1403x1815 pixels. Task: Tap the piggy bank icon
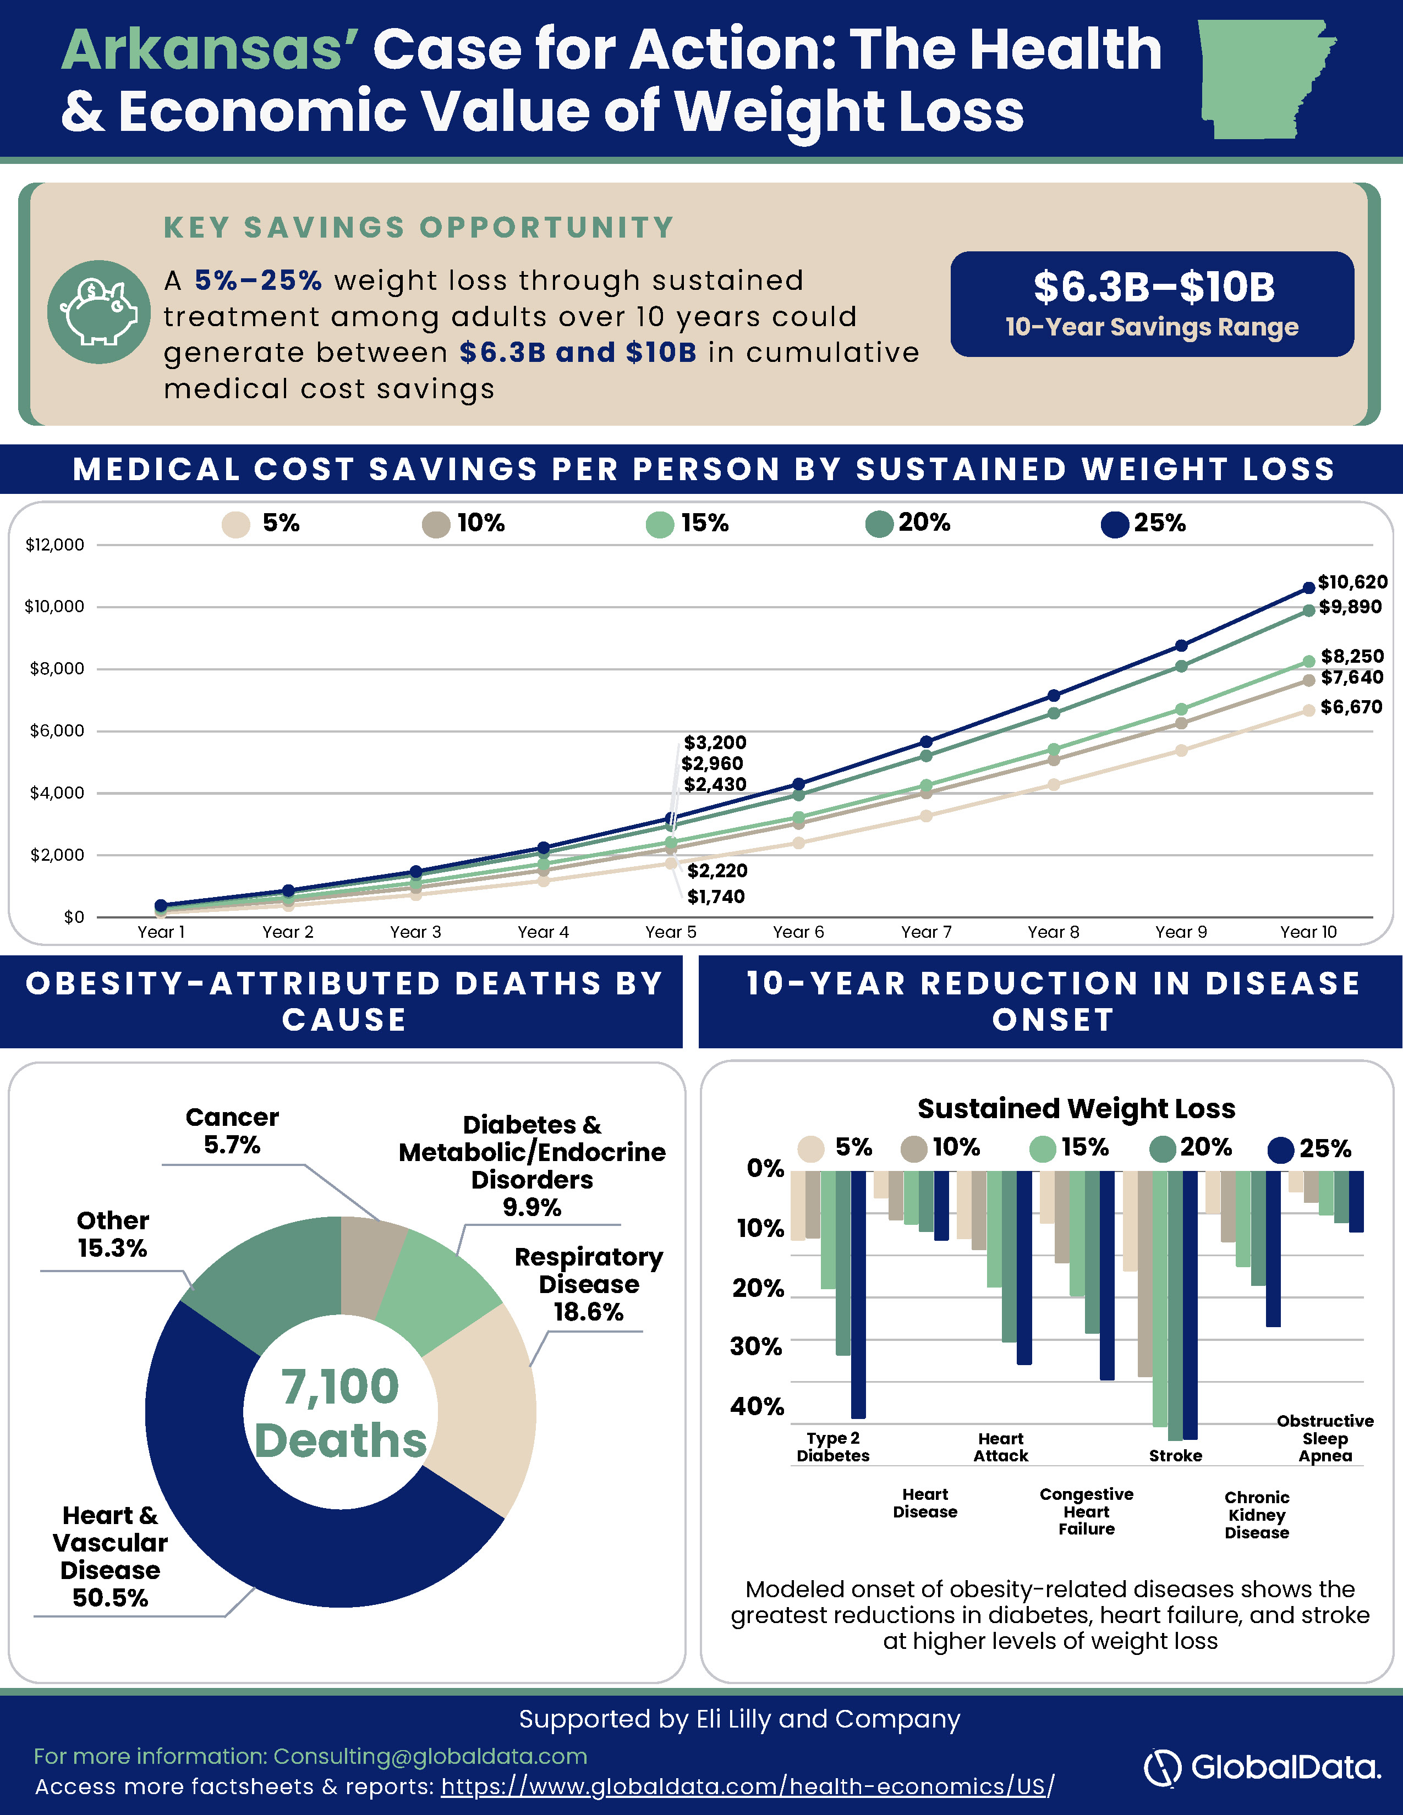click(99, 312)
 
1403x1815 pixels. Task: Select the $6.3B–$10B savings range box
click(1152, 304)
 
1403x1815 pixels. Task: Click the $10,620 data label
click(1352, 582)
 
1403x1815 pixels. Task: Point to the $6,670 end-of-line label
click(1351, 707)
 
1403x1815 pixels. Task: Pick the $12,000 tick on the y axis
click(55, 545)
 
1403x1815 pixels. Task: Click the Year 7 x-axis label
click(926, 932)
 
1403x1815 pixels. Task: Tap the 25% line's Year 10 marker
click(1308, 587)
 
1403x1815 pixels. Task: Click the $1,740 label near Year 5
click(716, 897)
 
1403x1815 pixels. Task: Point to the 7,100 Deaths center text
click(341, 1413)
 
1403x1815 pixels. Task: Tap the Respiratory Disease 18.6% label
click(589, 1284)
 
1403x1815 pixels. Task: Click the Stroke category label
click(1175, 1455)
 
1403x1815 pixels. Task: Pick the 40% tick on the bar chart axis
click(757, 1406)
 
